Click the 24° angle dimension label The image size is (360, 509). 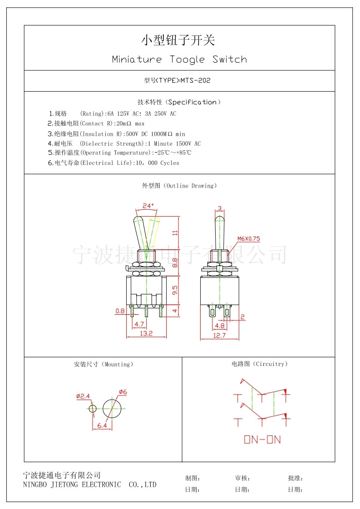[148, 206]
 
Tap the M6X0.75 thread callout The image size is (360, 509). [249, 238]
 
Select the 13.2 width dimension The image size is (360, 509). [146, 333]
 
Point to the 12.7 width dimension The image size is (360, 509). [219, 336]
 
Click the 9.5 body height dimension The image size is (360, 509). [175, 290]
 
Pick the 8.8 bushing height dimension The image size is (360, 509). [175, 262]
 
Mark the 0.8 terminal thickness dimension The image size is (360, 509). [120, 311]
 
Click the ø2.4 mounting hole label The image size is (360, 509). [83, 396]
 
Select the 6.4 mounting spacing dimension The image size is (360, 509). [102, 425]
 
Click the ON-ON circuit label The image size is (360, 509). [262, 440]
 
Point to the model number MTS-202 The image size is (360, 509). [195, 80]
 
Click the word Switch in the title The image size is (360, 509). [230, 59]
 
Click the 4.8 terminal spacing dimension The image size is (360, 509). [220, 326]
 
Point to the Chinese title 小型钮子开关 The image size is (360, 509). [178, 40]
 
